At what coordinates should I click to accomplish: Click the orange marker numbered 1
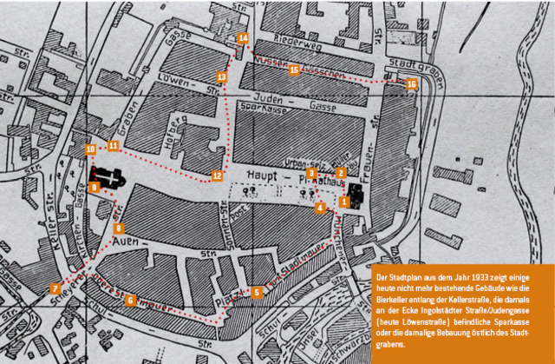coord(344,202)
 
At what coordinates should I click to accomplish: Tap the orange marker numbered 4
coord(320,208)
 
